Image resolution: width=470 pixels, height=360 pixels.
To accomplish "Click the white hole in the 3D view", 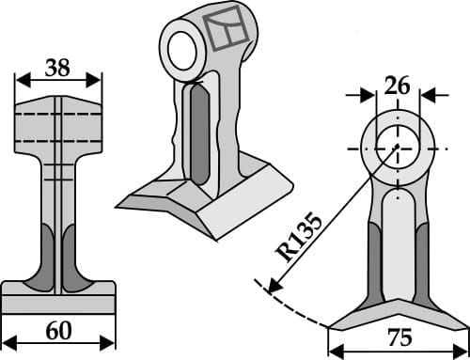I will [180, 50].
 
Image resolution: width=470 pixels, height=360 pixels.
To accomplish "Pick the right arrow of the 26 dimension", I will [427, 95].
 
